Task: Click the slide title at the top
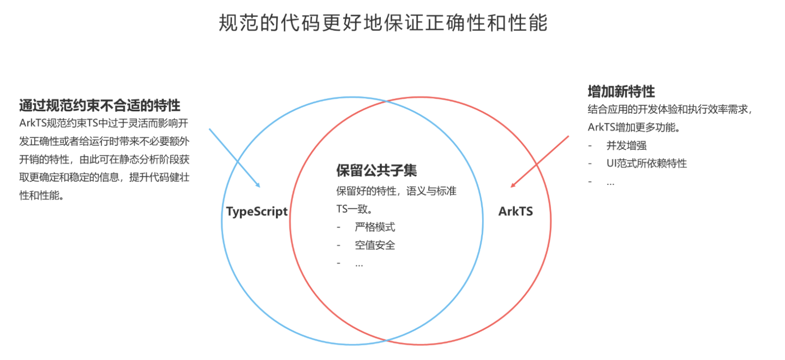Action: pos(383,23)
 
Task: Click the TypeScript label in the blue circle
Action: pos(257,211)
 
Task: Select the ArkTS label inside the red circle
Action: pos(515,211)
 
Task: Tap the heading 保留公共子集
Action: pos(376,170)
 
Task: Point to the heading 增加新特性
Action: pos(621,91)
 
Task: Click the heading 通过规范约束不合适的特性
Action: pos(100,105)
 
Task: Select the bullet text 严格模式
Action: pos(375,227)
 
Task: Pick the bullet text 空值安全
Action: pos(375,245)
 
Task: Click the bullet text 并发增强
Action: pos(627,145)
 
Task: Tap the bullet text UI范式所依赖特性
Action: pos(647,163)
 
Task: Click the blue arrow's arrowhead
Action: pos(258,186)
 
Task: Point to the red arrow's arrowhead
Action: pos(512,185)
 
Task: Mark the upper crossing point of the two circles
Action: pos(387,101)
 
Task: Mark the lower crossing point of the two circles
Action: pos(387,340)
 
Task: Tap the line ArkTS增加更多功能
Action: pos(634,127)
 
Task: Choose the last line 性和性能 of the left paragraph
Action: pos(41,196)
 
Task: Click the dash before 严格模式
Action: pos(338,227)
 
